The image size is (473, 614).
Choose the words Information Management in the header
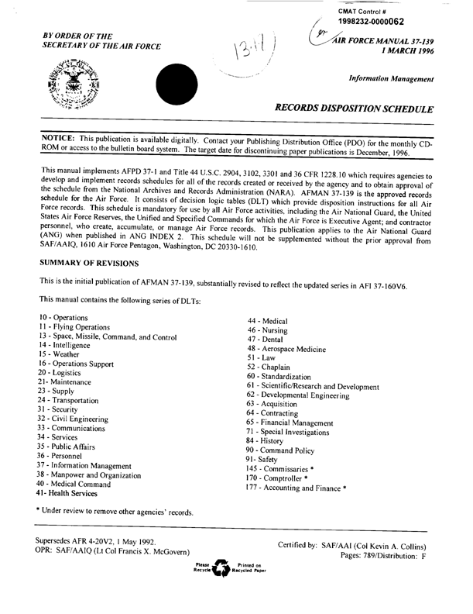(x=391, y=78)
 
